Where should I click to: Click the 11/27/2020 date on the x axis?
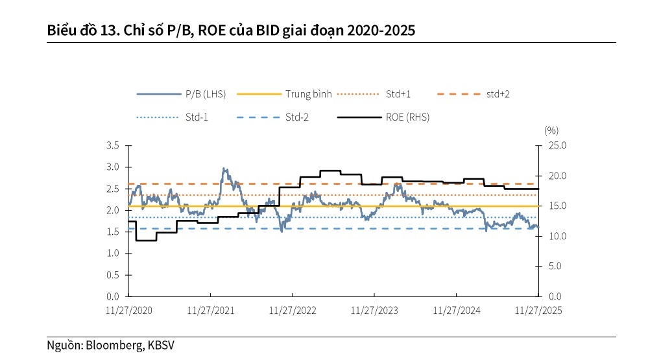pyautogui.click(x=128, y=311)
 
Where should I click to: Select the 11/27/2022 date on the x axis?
pyautogui.click(x=293, y=311)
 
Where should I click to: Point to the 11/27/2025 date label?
pyautogui.click(x=538, y=311)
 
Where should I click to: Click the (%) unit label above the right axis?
pyautogui.click(x=551, y=130)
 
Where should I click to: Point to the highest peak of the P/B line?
pyautogui.click(x=224, y=169)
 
